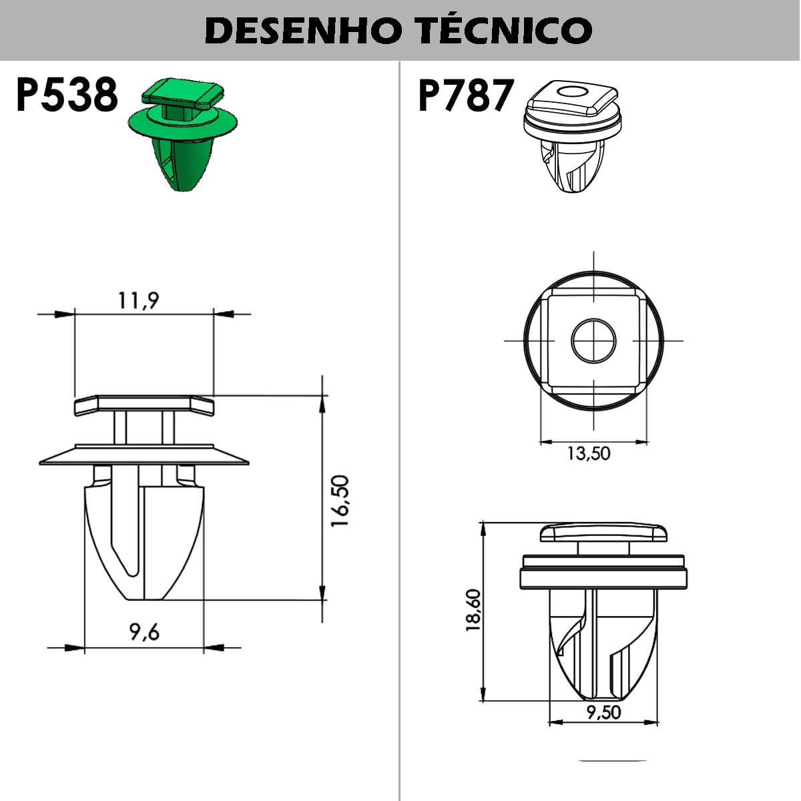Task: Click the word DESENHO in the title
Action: pyautogui.click(x=298, y=30)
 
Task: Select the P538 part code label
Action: pyautogui.click(x=67, y=95)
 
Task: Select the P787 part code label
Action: pyautogui.click(x=466, y=95)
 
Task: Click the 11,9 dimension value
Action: pyautogui.click(x=139, y=301)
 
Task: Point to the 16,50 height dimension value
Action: pyautogui.click(x=340, y=501)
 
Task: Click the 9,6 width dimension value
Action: pyautogui.click(x=145, y=631)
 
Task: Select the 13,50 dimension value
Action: pyautogui.click(x=588, y=453)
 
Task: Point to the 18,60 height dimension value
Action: pyautogui.click(x=473, y=610)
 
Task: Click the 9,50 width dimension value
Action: pyautogui.click(x=603, y=712)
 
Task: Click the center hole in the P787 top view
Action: pyautogui.click(x=593, y=340)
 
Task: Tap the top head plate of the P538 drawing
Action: pyautogui.click(x=144, y=404)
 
